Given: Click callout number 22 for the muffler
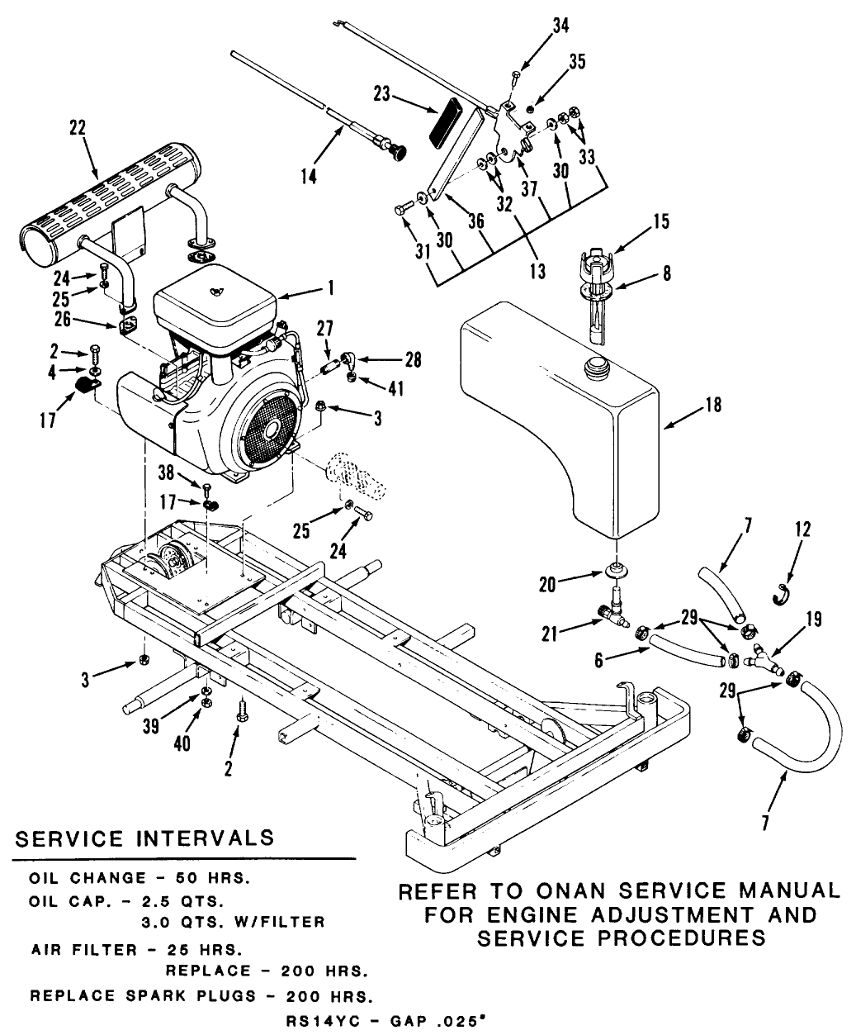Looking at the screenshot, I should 78,130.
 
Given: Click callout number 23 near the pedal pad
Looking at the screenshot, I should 381,95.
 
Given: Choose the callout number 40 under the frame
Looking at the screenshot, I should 182,744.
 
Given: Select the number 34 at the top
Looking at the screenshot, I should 560,26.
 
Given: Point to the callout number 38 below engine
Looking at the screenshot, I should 167,472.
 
